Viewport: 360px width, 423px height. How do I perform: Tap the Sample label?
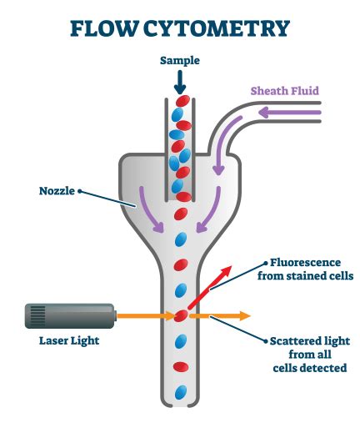pos(180,61)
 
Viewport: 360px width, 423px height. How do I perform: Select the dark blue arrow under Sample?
pos(180,82)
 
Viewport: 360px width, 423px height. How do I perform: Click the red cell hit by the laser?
pos(180,316)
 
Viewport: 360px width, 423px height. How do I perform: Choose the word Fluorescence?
pos(295,261)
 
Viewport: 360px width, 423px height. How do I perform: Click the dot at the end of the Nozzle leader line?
pos(81,190)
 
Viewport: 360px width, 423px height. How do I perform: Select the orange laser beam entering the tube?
pos(142,316)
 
